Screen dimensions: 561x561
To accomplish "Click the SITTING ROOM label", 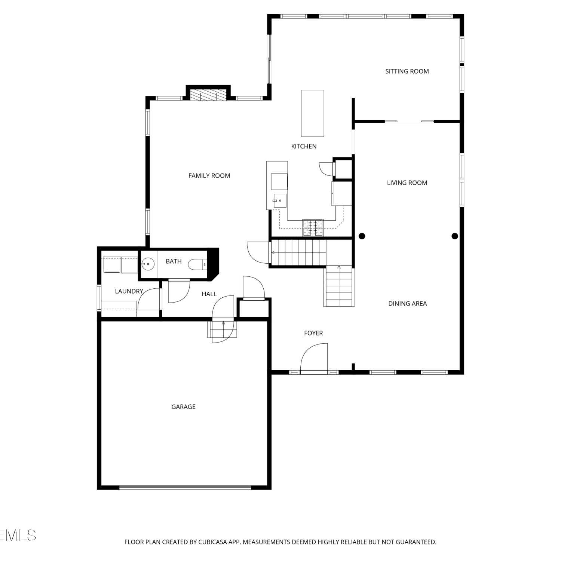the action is [407, 71].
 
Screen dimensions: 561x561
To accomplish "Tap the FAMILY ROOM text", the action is [209, 176].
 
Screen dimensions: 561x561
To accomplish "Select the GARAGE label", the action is [183, 407].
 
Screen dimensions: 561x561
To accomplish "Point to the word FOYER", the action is [313, 333].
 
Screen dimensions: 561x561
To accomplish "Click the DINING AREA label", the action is [407, 304].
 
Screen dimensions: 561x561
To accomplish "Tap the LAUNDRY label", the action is [129, 291].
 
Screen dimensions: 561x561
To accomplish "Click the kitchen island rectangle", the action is [313, 113].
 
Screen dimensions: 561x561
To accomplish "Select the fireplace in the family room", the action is [208, 95].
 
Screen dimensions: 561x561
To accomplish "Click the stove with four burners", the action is [313, 228].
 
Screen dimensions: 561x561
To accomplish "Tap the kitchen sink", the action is [279, 201].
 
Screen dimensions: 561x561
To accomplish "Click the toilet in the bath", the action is [197, 264].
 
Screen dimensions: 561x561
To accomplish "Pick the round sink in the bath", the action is [148, 264].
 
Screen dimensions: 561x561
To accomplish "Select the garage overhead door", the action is [186, 487].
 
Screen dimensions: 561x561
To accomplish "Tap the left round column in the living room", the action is [362, 236].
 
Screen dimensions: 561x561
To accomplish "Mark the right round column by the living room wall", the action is [455, 236].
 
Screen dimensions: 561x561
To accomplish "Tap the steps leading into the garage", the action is [223, 329].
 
